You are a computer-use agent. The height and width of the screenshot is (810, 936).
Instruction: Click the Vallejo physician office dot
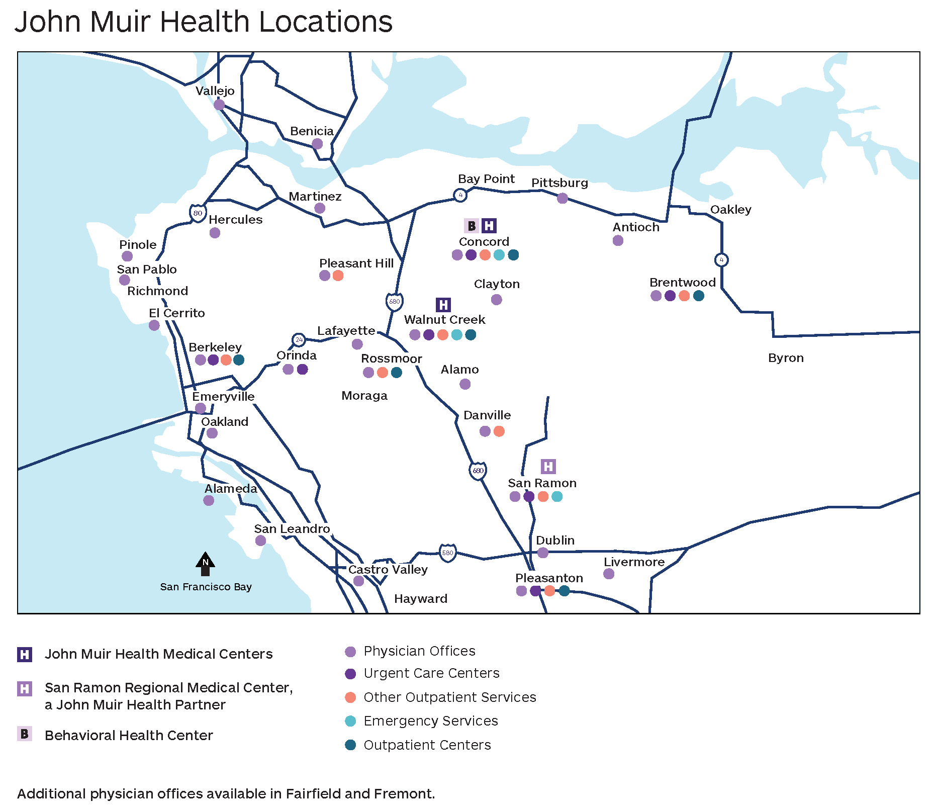(219, 105)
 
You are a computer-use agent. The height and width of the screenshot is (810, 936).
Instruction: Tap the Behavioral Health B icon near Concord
(472, 226)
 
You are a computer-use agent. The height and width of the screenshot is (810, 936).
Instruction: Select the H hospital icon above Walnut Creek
(443, 305)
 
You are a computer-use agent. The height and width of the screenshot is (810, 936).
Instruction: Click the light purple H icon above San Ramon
(548, 467)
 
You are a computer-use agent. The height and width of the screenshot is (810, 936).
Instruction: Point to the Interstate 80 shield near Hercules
(198, 213)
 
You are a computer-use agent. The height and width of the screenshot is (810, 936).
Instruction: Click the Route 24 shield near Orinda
(299, 340)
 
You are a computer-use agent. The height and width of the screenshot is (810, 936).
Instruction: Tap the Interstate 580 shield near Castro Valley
(447, 553)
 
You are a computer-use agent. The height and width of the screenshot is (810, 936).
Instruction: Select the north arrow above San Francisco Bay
(205, 564)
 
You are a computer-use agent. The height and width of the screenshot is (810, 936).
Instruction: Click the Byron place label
(786, 358)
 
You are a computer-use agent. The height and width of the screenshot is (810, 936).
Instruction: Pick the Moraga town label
(364, 396)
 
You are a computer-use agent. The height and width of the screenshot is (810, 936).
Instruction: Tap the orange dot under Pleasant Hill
(338, 276)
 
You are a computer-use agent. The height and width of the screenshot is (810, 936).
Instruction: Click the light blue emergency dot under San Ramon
(557, 496)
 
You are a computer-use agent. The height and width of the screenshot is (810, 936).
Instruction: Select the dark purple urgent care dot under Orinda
(302, 369)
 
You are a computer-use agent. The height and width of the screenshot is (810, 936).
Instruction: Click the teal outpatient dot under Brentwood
(698, 296)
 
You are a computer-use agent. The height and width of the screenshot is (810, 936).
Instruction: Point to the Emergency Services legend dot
(350, 721)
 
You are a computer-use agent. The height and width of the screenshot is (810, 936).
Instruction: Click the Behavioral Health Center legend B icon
(25, 734)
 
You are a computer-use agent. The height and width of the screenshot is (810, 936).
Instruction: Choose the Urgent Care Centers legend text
(431, 673)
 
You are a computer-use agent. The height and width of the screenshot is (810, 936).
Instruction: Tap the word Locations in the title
(326, 22)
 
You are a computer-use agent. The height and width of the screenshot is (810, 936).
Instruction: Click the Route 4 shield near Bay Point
(460, 195)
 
